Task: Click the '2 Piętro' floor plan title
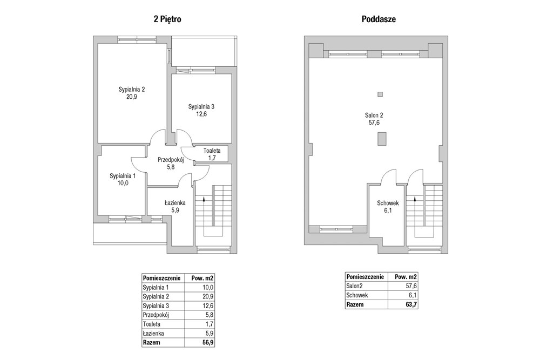point(167,19)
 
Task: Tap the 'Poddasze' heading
point(379,19)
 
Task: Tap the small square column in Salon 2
point(380,94)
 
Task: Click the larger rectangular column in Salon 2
point(382,139)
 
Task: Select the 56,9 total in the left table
point(208,342)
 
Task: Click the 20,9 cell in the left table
point(208,296)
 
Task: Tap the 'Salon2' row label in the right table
point(354,286)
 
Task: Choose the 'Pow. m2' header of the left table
point(202,278)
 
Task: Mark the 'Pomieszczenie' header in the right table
point(365,277)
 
